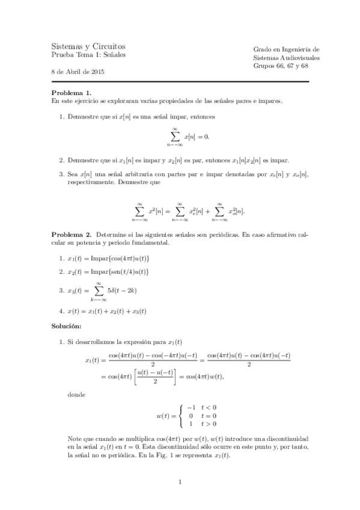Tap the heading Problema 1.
coord(71,93)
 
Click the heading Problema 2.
coord(71,233)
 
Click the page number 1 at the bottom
coord(180,482)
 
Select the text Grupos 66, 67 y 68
coord(281,66)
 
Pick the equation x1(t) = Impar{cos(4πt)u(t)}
coord(109,258)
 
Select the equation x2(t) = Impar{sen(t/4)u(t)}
coord(108,272)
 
